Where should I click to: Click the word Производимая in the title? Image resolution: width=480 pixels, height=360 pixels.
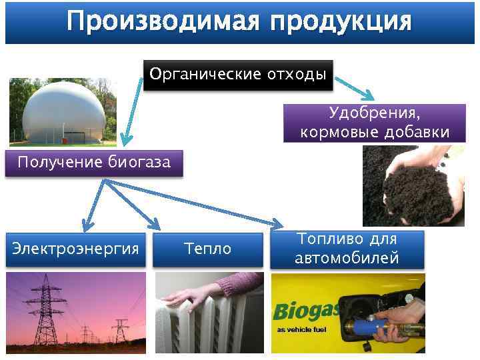pos(163,22)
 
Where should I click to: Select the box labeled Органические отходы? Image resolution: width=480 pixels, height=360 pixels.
pos(238,73)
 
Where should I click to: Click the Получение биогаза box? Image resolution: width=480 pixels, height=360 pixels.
pos(94,162)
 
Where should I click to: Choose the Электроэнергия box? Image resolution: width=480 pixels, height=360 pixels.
pos(75,249)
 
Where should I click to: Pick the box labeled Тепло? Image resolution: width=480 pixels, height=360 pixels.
pos(208,249)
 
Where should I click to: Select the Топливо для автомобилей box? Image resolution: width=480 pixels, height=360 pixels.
pos(347,249)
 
